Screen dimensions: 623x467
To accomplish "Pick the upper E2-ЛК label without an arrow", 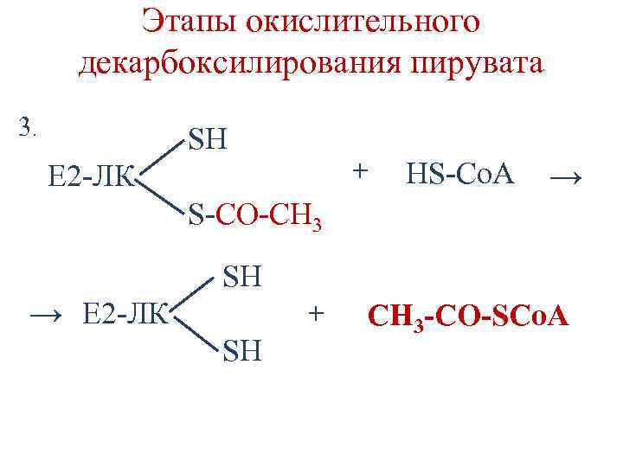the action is click(90, 177).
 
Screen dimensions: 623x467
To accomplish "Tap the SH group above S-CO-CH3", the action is click(209, 138).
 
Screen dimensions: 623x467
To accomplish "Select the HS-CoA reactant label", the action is click(459, 176).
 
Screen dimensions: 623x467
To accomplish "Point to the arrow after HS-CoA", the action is click(568, 177).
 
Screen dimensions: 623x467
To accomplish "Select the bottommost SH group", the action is click(244, 352).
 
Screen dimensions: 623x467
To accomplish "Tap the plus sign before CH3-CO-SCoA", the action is click(318, 311).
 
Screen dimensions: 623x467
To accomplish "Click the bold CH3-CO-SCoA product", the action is click(468, 317).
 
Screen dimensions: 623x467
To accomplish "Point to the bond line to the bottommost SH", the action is click(196, 333).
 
